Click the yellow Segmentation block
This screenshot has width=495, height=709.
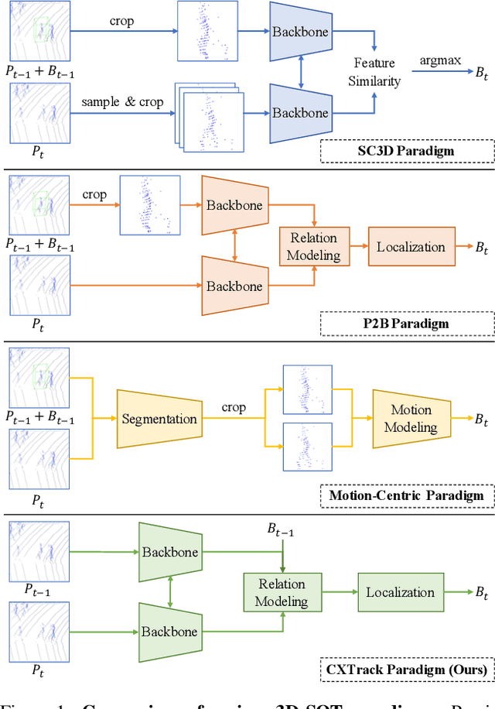(x=159, y=419)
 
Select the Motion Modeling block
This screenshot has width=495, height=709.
(x=411, y=419)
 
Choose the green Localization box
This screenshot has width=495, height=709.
(x=400, y=592)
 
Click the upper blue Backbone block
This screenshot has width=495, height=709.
(x=300, y=33)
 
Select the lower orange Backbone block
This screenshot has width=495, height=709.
(x=234, y=286)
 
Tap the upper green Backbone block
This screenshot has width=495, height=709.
(x=169, y=552)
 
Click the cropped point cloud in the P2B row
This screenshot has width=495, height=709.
(x=150, y=204)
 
